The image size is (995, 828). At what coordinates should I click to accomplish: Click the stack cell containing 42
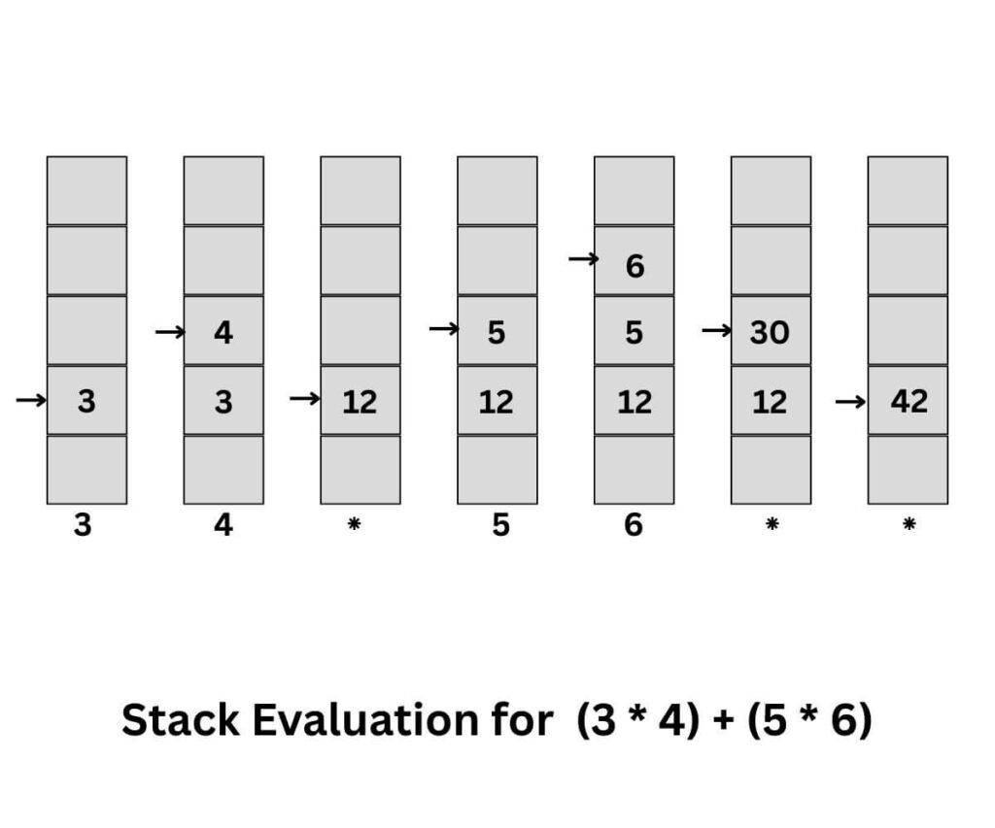click(908, 400)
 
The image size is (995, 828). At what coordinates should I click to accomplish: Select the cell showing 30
click(771, 331)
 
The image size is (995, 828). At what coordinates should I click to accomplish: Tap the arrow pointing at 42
click(850, 400)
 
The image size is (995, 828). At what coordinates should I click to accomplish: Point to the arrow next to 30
click(716, 331)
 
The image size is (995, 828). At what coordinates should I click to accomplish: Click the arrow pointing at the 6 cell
click(583, 259)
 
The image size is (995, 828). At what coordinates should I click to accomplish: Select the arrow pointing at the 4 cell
click(169, 332)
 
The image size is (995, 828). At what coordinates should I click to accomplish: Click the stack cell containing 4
click(223, 331)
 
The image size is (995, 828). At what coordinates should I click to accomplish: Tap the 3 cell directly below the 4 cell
click(223, 400)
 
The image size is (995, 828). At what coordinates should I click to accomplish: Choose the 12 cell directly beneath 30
click(771, 400)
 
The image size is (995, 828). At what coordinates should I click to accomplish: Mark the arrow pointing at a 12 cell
click(304, 399)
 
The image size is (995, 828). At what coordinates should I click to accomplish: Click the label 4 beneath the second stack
click(223, 525)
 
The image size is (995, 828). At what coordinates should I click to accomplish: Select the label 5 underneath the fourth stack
click(499, 525)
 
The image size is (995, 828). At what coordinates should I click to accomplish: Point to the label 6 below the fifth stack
click(634, 525)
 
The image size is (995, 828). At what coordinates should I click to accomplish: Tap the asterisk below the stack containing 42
click(909, 524)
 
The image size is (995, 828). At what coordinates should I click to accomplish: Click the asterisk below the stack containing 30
click(772, 524)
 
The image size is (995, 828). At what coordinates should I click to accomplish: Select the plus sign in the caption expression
click(724, 720)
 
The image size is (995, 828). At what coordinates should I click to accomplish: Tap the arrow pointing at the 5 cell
click(443, 329)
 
